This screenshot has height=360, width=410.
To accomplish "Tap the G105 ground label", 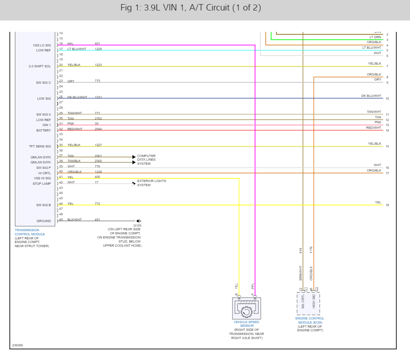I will (x=137, y=225).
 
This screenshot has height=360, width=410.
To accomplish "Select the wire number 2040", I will (x=98, y=129).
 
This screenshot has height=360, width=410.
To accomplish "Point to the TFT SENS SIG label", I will (x=40, y=147).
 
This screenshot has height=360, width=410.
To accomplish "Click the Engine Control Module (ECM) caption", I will (x=310, y=320).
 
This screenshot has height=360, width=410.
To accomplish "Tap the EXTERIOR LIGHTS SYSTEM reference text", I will (x=152, y=183).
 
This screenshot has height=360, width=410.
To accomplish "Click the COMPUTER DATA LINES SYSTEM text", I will (x=147, y=160).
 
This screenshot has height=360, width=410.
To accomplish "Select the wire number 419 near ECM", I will (x=301, y=251).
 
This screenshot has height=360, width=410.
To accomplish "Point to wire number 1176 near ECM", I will (x=311, y=250).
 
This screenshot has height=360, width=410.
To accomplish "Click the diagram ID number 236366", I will (x=17, y=345).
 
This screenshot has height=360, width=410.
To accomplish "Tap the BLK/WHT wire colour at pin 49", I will (x=75, y=220).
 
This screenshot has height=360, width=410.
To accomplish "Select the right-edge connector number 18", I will (x=387, y=205).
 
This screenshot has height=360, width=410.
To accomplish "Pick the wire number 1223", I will (x=98, y=65).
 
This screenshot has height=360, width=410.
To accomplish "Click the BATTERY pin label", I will (x=44, y=131).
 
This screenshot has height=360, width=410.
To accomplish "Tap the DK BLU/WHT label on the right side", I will (x=371, y=96).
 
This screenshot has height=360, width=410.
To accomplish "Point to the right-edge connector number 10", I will (x=387, y=99).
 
